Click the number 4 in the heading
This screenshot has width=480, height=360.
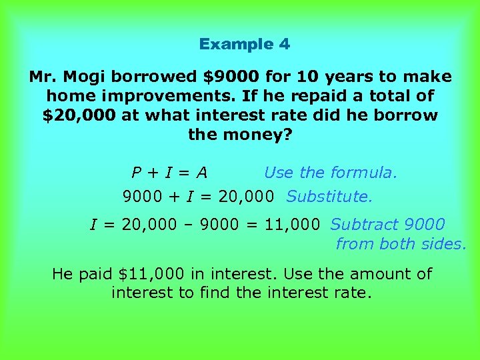pyautogui.click(x=285, y=45)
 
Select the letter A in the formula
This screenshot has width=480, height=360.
pyautogui.click(x=201, y=173)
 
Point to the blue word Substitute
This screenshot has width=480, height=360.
pyautogui.click(x=329, y=197)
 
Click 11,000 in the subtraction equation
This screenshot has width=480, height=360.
pyautogui.click(x=292, y=225)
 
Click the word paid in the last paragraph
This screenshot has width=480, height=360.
pyautogui.click(x=95, y=274)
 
